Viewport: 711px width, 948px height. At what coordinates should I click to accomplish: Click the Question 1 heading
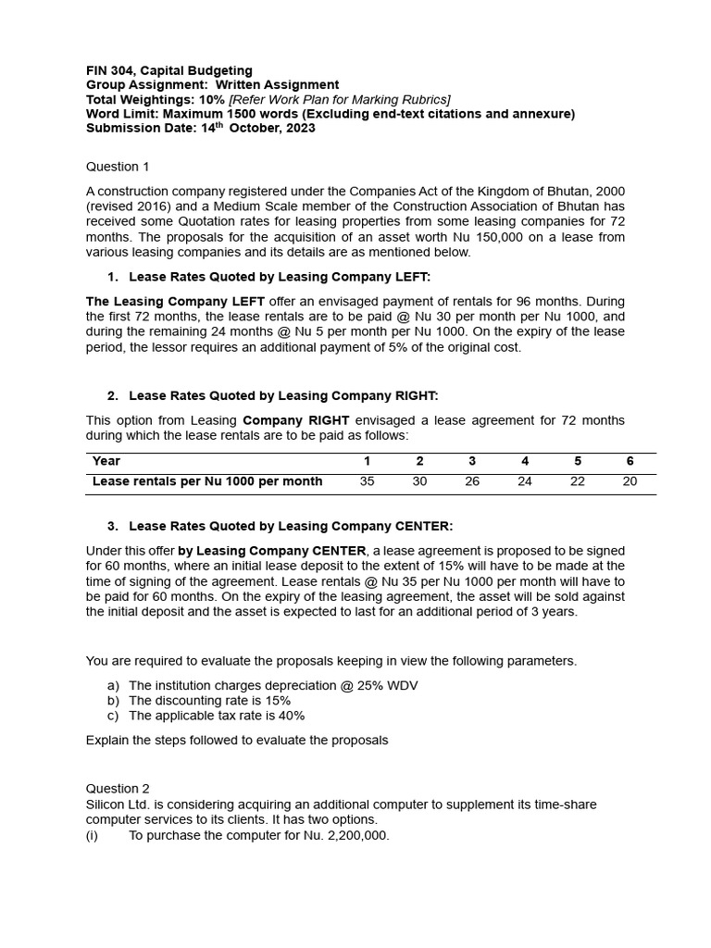[x=118, y=167]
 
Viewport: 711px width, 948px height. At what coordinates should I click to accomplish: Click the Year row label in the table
[x=106, y=460]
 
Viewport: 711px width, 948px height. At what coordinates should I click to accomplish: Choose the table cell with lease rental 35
[x=367, y=481]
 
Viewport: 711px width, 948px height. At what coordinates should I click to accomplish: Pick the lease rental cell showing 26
[x=472, y=481]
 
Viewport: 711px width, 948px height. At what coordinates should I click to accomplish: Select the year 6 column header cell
[x=630, y=460]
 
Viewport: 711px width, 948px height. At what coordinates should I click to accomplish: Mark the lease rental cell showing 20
[x=630, y=481]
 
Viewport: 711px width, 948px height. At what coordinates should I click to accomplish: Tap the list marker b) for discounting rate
[x=114, y=701]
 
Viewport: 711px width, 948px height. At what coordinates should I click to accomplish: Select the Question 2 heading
[x=118, y=789]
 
